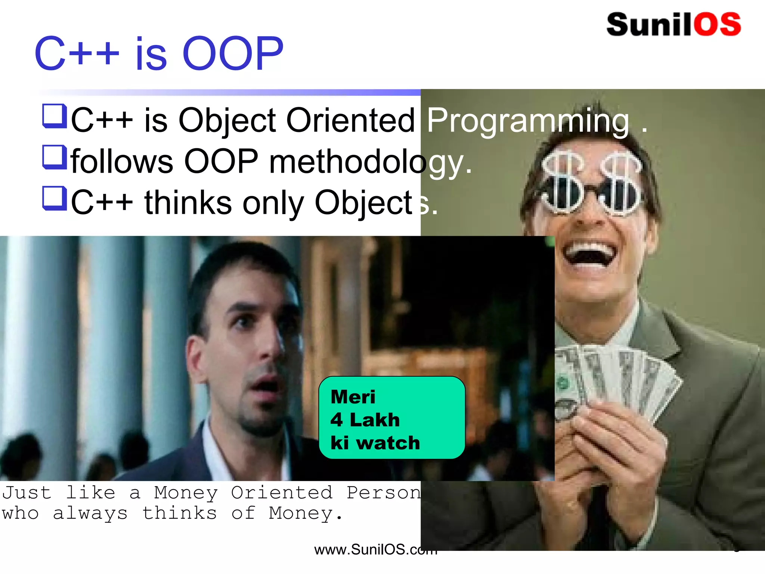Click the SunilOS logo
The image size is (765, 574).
tap(673, 25)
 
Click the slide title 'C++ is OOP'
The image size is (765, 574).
tap(159, 53)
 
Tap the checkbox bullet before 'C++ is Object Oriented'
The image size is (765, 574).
tap(55, 116)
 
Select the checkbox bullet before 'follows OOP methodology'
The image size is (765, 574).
tap(55, 157)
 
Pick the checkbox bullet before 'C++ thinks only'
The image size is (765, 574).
tap(55, 198)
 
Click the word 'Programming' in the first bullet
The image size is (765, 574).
tap(527, 120)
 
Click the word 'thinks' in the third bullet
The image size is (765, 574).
tap(188, 203)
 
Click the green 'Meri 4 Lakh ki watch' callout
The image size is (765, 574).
tap(392, 417)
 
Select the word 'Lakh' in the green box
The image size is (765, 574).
tap(375, 420)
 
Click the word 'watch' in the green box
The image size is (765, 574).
tap(388, 443)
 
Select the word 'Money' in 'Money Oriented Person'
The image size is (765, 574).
tap(186, 493)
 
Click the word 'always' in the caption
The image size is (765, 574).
tap(90, 513)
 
